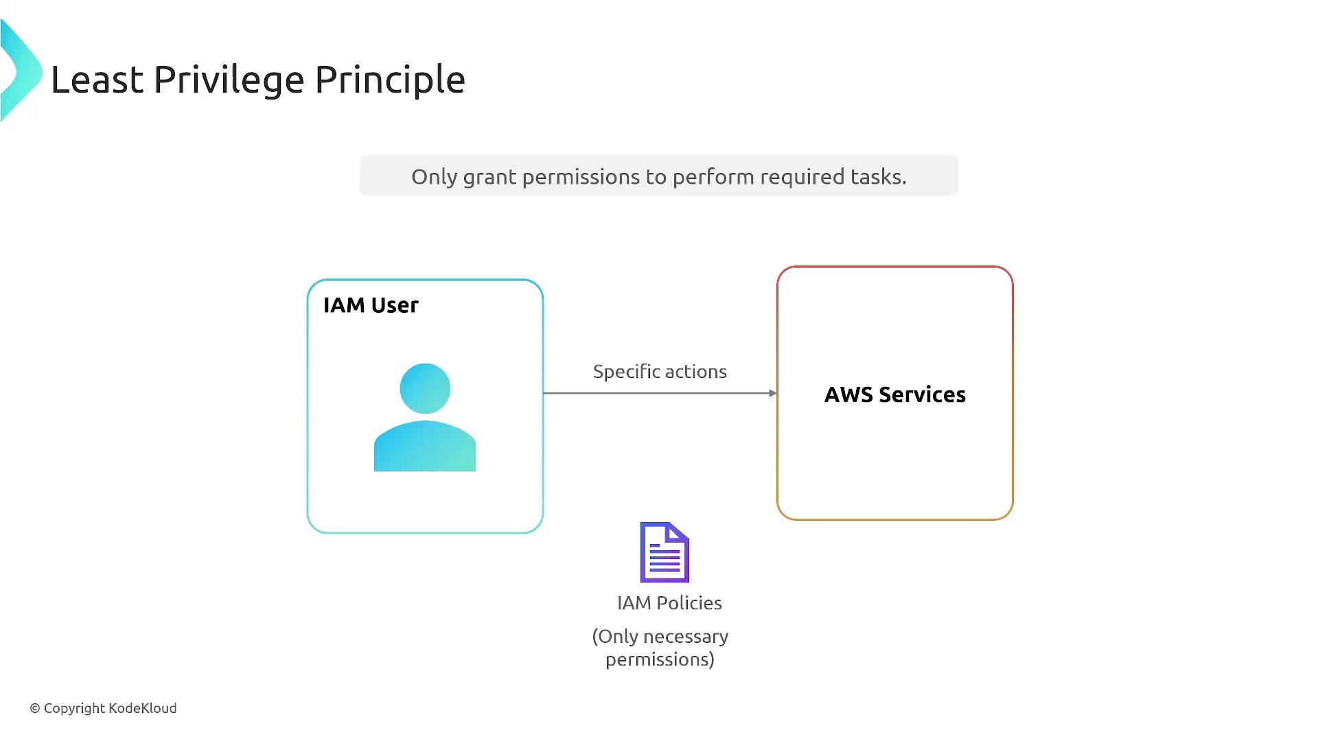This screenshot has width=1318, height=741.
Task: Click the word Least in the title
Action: click(x=97, y=80)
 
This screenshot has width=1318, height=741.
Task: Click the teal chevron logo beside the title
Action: click(x=21, y=71)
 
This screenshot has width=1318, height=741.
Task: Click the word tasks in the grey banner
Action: click(x=879, y=176)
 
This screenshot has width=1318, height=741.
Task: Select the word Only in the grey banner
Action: click(x=434, y=177)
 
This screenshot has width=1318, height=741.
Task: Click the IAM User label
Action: click(x=371, y=305)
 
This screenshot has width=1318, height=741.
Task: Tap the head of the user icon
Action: click(x=425, y=388)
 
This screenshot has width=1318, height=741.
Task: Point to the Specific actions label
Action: click(x=660, y=372)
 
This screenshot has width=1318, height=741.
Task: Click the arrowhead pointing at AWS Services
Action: click(x=773, y=393)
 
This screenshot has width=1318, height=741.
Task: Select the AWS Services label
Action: click(x=895, y=395)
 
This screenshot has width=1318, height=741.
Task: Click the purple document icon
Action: click(x=664, y=552)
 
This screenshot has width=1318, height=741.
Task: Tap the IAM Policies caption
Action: click(x=669, y=603)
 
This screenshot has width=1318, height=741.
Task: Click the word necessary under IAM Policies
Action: click(x=686, y=637)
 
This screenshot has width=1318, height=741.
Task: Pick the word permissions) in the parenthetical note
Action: click(x=660, y=660)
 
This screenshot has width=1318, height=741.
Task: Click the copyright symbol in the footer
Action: click(x=35, y=708)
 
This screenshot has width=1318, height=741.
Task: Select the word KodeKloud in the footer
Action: click(x=143, y=708)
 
